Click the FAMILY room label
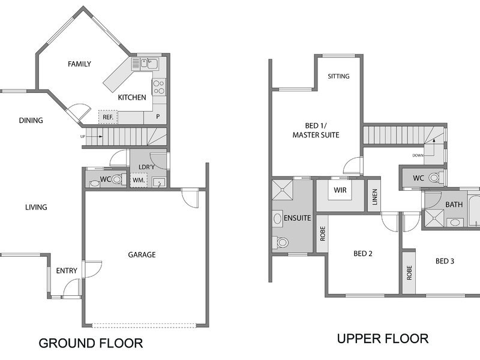(80, 64)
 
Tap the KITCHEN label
(132, 97)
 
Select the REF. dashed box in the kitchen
(108, 117)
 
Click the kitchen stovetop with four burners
(159, 86)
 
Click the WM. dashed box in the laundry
(139, 181)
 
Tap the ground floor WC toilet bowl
(116, 179)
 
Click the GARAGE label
(142, 254)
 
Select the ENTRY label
(67, 271)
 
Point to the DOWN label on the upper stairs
(418, 155)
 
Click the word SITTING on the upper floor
(338, 76)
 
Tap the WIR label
(340, 190)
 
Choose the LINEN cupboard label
(374, 197)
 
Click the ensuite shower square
(283, 190)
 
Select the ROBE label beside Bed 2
(322, 233)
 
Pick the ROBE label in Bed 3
(409, 273)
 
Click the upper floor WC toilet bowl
(434, 178)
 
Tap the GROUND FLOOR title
(91, 343)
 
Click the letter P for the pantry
(158, 116)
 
